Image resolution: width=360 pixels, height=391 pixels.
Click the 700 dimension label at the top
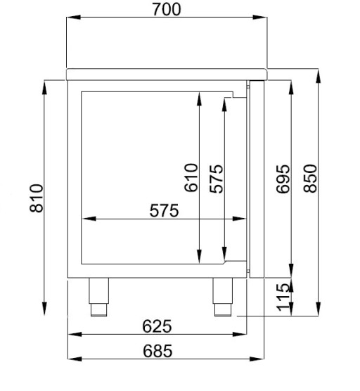(166, 9)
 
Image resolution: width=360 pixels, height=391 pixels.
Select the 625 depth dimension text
(157, 326)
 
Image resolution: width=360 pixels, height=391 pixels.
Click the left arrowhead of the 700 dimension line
(70, 20)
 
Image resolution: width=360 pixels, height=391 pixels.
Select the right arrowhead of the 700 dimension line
(265, 20)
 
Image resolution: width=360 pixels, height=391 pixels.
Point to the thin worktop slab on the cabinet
(166, 72)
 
